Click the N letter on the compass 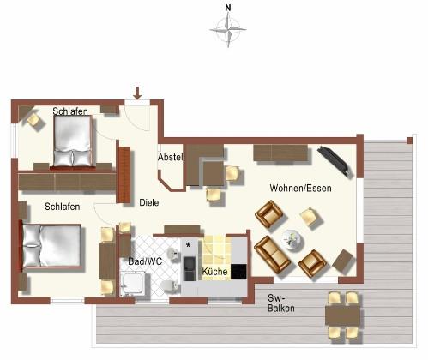pyautogui.click(x=228, y=8)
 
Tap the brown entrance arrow pyautogui.click(x=137, y=93)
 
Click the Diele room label pyautogui.click(x=149, y=202)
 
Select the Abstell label pyautogui.click(x=171, y=157)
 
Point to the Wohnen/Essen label pyautogui.click(x=300, y=188)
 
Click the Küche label pyautogui.click(x=214, y=271)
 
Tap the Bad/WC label pyautogui.click(x=145, y=261)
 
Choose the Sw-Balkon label pyautogui.click(x=281, y=303)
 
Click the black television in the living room pyautogui.click(x=335, y=160)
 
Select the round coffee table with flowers pyautogui.click(x=292, y=239)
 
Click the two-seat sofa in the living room pyautogui.click(x=272, y=255)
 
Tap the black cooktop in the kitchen pyautogui.click(x=238, y=272)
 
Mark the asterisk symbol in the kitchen pyautogui.click(x=188, y=245)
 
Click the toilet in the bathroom pyautogui.click(x=169, y=286)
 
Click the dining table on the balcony pyautogui.click(x=342, y=315)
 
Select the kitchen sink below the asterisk pyautogui.click(x=189, y=268)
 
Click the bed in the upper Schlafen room pyautogui.click(x=73, y=141)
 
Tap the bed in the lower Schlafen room pyautogui.click(x=51, y=246)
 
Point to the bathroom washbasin pyautogui.click(x=172, y=254)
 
